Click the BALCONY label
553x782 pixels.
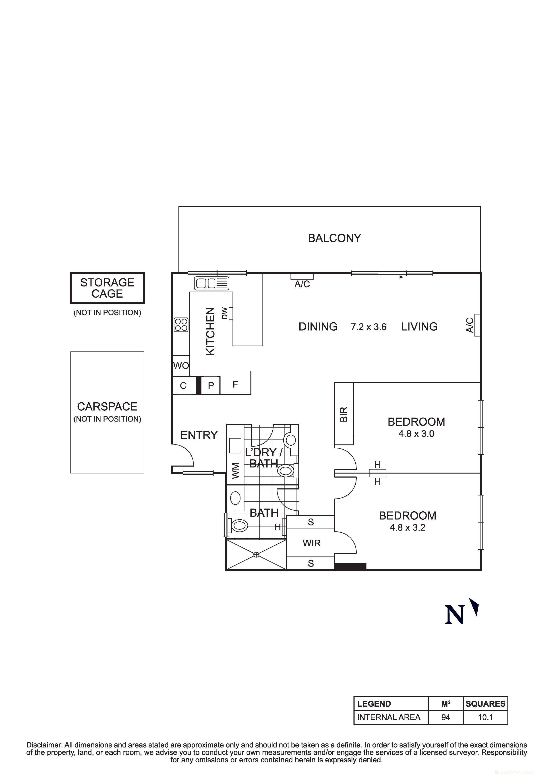coord(334,238)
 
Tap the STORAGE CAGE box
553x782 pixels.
coord(107,288)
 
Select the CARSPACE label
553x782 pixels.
coord(107,406)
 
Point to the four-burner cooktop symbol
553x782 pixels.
coord(181,325)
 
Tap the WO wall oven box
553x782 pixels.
coord(181,366)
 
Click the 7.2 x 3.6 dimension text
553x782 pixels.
coord(369,327)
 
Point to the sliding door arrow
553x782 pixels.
coord(392,277)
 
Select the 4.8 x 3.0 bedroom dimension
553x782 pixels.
coord(416,434)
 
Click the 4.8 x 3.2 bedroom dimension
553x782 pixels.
coord(408,528)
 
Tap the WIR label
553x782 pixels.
coord(311,543)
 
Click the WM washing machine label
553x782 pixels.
coord(235,471)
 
